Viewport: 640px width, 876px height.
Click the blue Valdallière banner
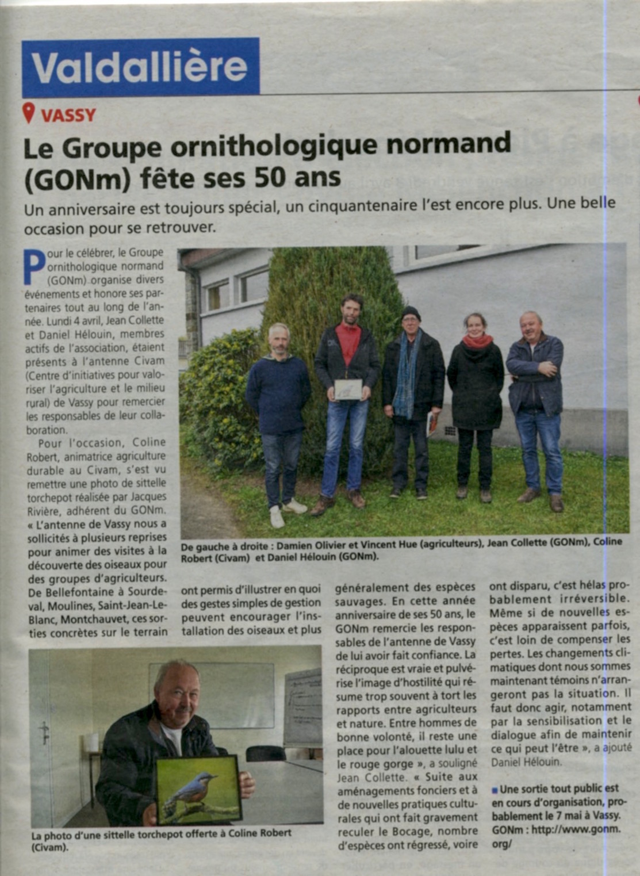[x=140, y=67]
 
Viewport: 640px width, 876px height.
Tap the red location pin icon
[x=29, y=113]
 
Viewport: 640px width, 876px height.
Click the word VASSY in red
[x=68, y=115]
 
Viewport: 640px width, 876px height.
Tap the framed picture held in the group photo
[x=348, y=389]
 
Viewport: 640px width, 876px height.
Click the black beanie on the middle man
[x=411, y=312]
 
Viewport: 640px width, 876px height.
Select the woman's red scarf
[x=477, y=341]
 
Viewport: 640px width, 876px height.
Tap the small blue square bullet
[x=495, y=789]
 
